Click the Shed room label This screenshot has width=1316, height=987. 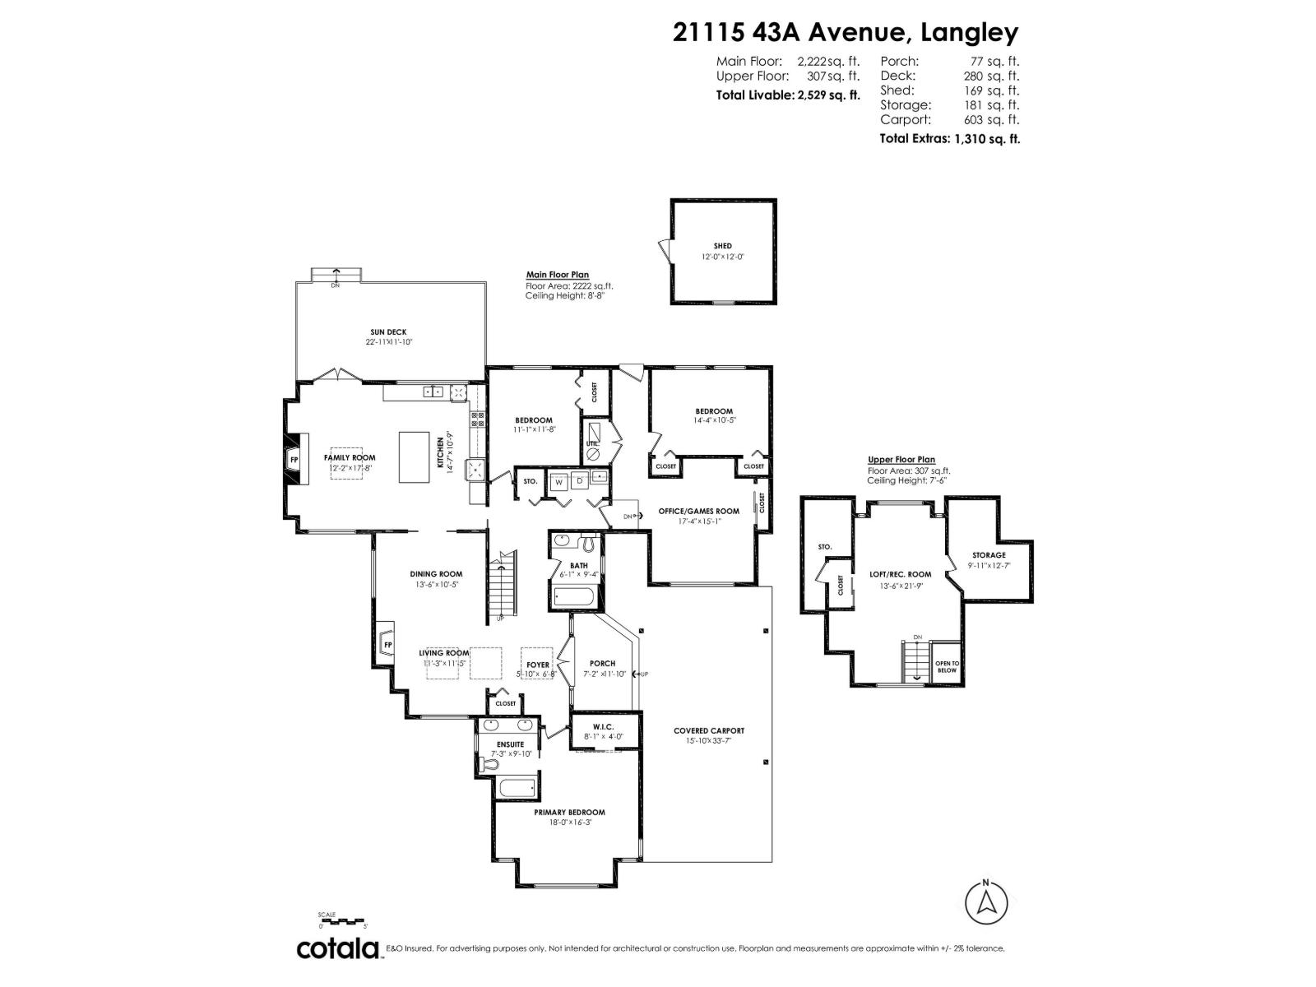722,246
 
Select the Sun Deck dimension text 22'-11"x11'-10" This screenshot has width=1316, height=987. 389,342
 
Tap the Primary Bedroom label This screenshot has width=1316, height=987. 569,812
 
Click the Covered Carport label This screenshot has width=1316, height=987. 708,730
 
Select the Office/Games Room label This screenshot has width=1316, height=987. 698,511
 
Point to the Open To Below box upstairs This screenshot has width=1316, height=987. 947,666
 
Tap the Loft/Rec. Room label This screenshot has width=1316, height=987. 900,574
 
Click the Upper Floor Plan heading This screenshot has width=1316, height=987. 901,460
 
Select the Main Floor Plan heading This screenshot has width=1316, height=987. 557,276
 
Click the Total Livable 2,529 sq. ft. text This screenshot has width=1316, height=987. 787,95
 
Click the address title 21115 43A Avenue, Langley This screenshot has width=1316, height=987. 845,32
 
